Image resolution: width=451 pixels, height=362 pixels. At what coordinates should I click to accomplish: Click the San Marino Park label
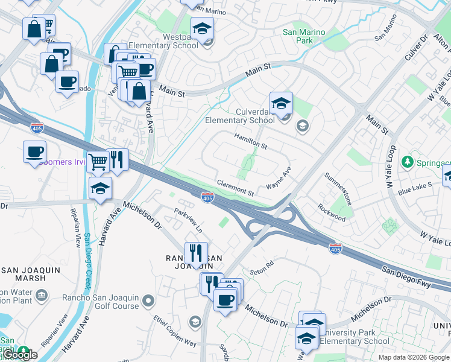pos(304,36)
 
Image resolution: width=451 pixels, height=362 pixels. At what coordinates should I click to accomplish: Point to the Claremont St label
pos(235,187)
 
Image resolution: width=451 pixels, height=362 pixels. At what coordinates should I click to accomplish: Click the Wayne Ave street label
pos(279,179)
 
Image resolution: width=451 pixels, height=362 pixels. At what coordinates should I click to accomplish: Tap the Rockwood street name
pos(332,212)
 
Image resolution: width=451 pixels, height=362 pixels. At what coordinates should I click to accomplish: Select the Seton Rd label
pos(262,264)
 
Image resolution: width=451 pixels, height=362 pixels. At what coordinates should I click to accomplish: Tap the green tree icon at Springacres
pos(408,162)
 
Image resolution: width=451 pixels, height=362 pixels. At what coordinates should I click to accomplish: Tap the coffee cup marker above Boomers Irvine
pos(35,151)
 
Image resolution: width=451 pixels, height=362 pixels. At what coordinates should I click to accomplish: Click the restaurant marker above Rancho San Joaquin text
pos(196,253)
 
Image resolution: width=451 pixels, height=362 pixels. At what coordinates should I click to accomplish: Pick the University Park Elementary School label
pos(355,337)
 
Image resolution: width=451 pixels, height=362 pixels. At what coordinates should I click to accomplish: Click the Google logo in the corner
pos(19,355)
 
